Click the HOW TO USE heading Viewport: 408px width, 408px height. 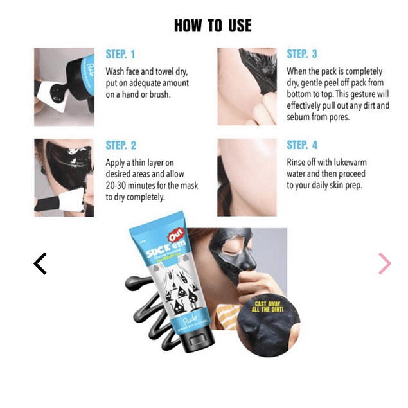click(x=213, y=26)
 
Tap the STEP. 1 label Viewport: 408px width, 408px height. click(x=120, y=55)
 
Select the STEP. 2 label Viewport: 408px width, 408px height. click(x=121, y=146)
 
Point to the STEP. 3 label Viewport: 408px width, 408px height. click(x=301, y=54)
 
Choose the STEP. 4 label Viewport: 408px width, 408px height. click(x=302, y=145)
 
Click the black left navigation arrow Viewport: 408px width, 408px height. click(x=40, y=263)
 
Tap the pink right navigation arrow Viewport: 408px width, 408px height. click(x=384, y=263)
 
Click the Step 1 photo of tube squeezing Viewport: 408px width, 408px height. click(x=64, y=87)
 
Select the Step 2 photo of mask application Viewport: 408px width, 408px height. click(x=64, y=178)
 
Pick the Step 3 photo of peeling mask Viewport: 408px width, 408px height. click(x=247, y=87)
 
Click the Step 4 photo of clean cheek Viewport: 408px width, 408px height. click(x=247, y=178)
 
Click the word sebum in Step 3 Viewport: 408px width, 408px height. click(x=301, y=118)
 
